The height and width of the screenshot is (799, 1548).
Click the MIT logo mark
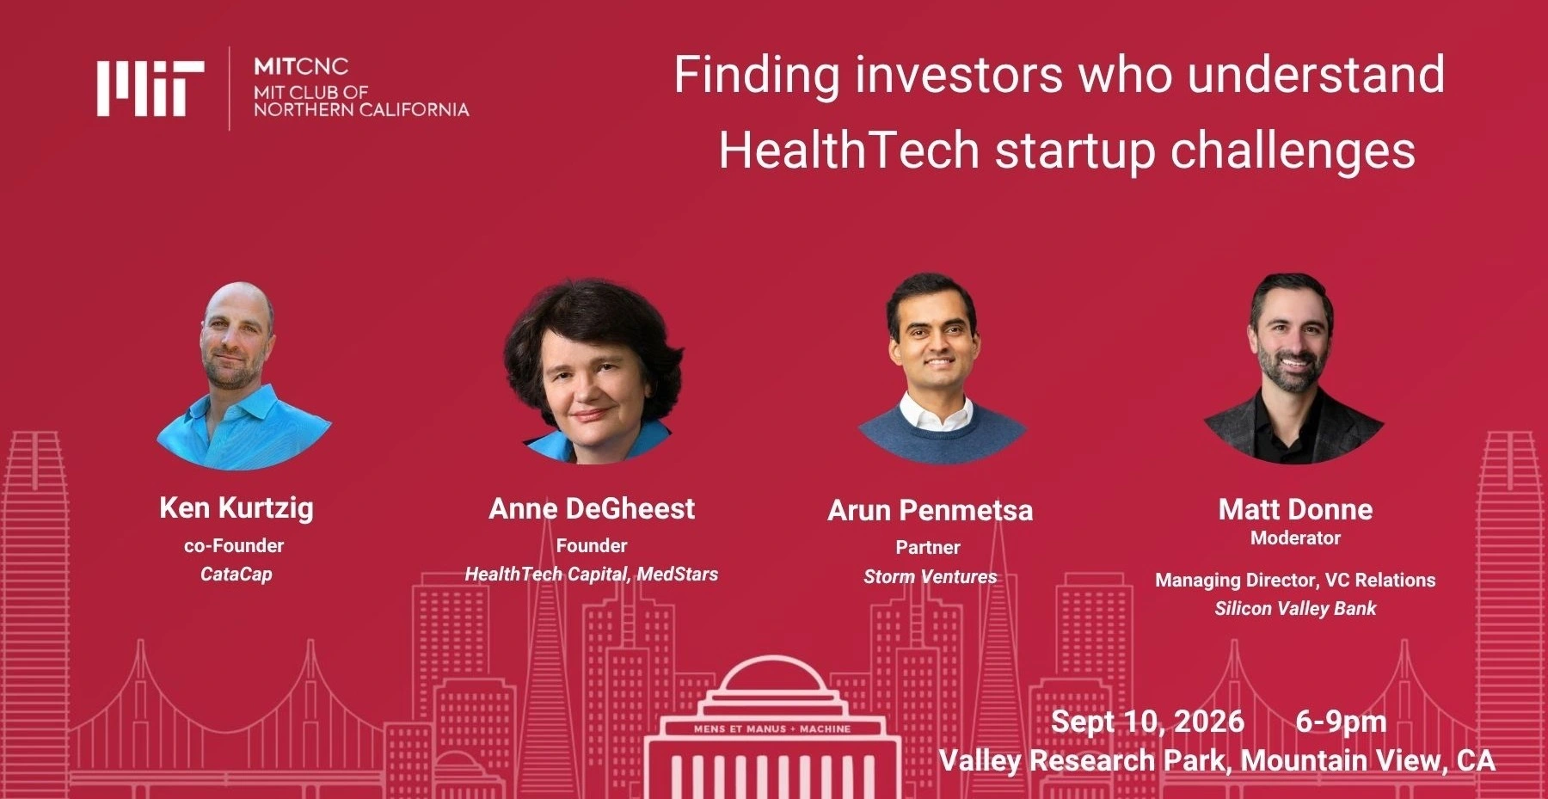click(150, 88)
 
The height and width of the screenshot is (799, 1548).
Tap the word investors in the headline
click(959, 74)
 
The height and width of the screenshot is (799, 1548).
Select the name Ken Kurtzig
click(236, 507)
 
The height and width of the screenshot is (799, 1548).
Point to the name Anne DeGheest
click(592, 508)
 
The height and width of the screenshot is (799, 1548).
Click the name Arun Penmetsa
click(930, 510)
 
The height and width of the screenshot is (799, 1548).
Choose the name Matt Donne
click(1295, 509)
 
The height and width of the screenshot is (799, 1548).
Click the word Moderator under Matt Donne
click(1295, 538)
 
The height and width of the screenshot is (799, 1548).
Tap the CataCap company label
click(236, 574)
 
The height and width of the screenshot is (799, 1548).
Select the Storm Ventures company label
click(931, 576)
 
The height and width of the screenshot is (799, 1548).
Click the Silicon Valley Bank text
click(1295, 608)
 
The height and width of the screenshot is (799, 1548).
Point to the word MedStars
click(678, 574)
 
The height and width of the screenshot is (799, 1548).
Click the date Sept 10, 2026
click(1147, 721)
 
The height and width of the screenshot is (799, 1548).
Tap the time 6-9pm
click(1341, 722)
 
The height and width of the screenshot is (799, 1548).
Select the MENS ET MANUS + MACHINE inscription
click(772, 728)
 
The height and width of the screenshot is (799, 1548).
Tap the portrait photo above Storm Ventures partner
click(941, 368)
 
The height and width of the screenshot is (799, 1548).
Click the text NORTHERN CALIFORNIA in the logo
click(361, 109)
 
